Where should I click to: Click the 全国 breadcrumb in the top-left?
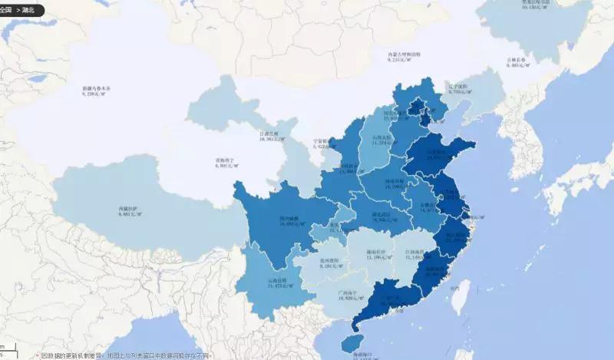[x=8, y=11]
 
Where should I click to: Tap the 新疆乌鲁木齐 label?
[x=97, y=89]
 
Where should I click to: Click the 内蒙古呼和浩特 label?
[x=404, y=55]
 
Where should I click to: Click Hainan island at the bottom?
[x=352, y=342]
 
